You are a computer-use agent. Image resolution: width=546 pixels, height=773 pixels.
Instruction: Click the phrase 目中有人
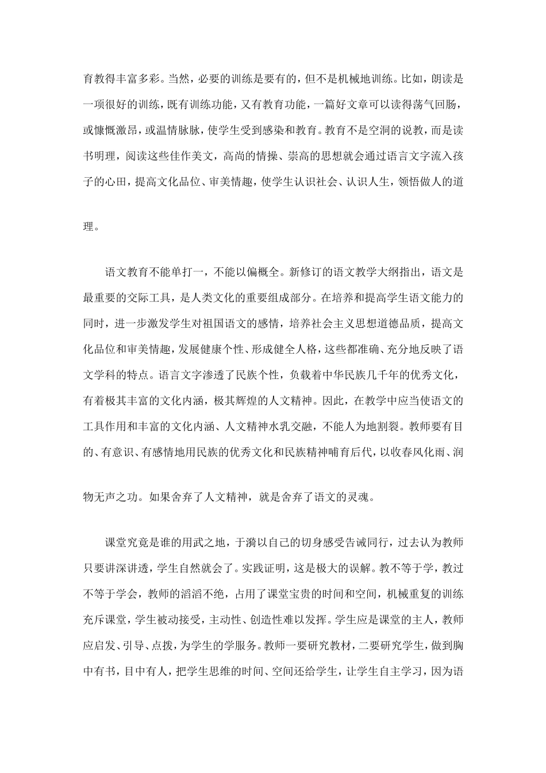coord(149,668)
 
